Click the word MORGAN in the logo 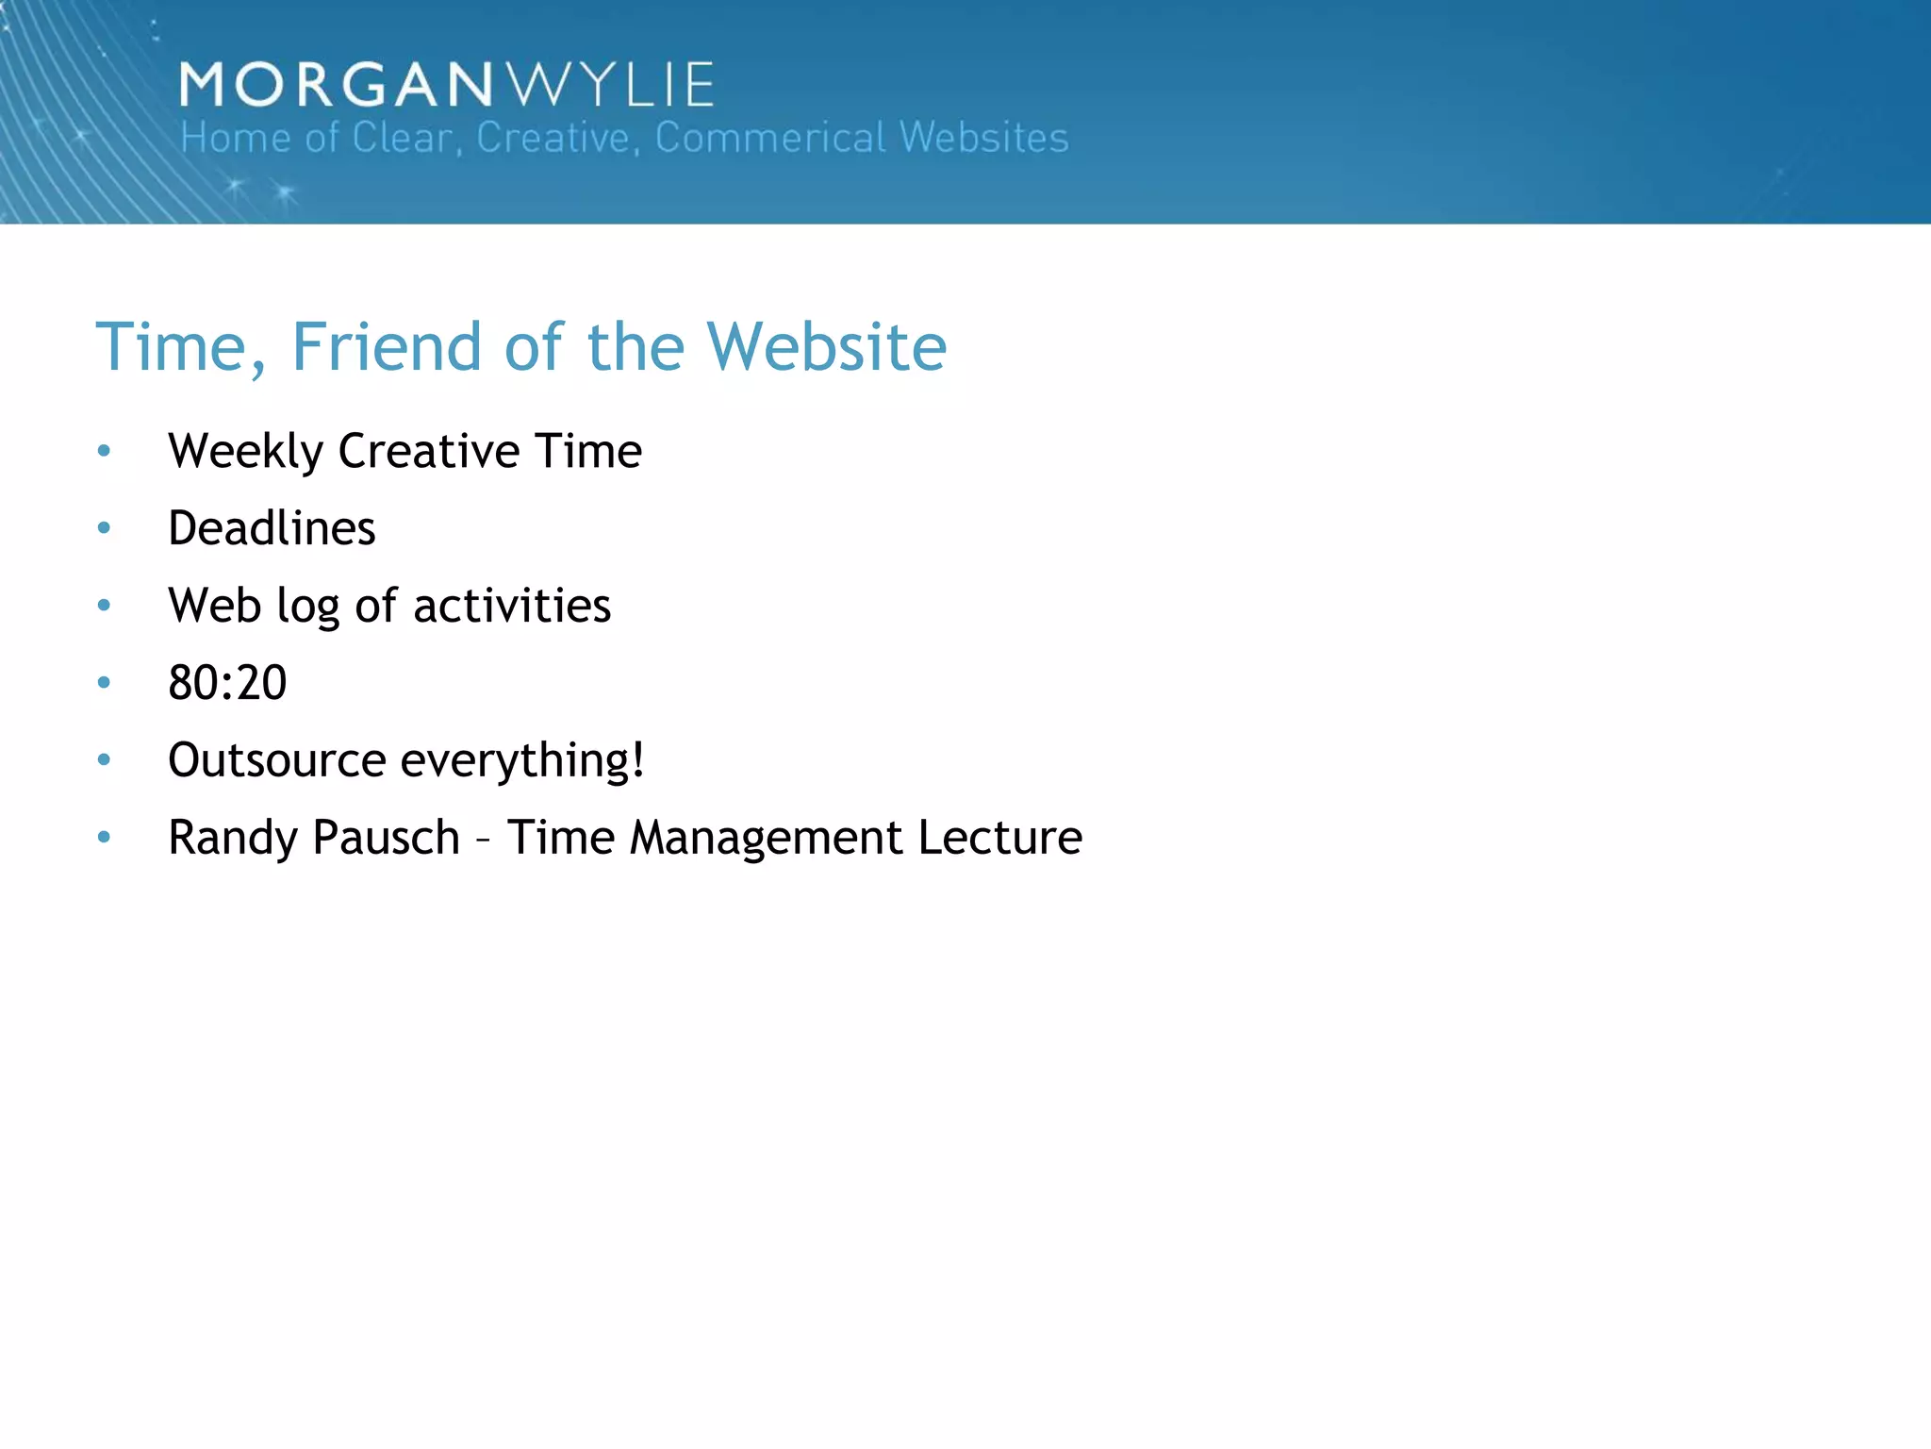pos(336,85)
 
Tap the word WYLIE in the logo pos(611,85)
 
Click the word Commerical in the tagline pos(770,138)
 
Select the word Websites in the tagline pos(983,138)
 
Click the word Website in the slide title pos(826,346)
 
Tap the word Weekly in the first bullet pos(245,451)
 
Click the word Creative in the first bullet pos(429,451)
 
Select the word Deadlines pos(272,528)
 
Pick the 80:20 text pos(227,683)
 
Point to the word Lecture pos(1000,838)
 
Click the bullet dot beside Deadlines pos(104,528)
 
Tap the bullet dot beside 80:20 pos(104,682)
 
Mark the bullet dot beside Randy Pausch pos(104,837)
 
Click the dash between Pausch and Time pos(483,840)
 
